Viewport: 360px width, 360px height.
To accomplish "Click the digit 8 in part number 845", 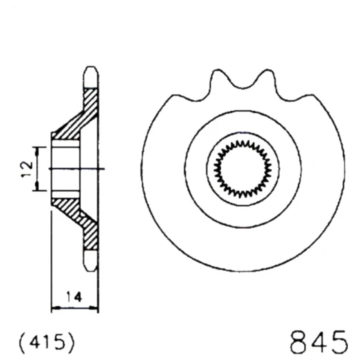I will pyautogui.click(x=298, y=341).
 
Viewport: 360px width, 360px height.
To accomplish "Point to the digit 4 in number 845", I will pyautogui.click(x=318, y=341).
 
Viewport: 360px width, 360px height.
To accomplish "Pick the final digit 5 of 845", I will pyautogui.click(x=339, y=341).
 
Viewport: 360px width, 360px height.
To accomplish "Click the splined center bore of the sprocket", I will pyautogui.click(x=241, y=168).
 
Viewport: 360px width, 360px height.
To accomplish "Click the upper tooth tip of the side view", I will pyautogui.click(x=89, y=73).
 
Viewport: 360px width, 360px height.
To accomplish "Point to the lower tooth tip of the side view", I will pyautogui.click(x=89, y=264).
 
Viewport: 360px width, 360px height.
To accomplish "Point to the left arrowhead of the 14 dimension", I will pyautogui.click(x=55, y=307).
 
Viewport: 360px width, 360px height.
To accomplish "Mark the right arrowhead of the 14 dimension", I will pyautogui.click(x=96, y=307).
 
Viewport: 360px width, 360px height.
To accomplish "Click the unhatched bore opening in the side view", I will pyautogui.click(x=66, y=168).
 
